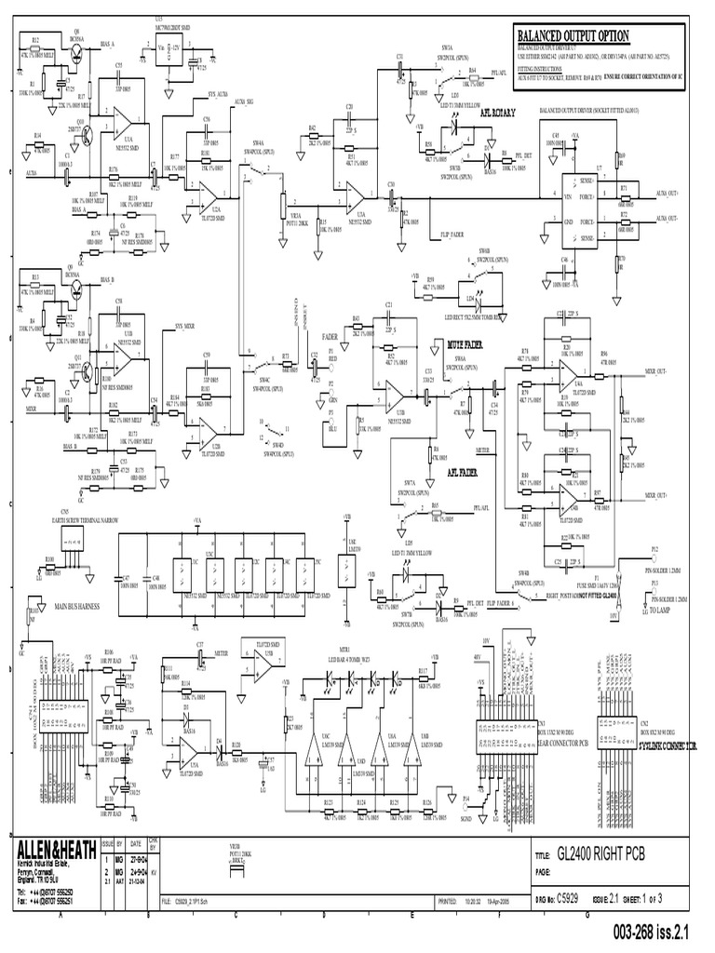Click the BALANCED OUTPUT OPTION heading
tap(573, 35)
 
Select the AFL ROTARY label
tap(484, 110)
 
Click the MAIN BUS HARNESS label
tap(79, 607)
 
